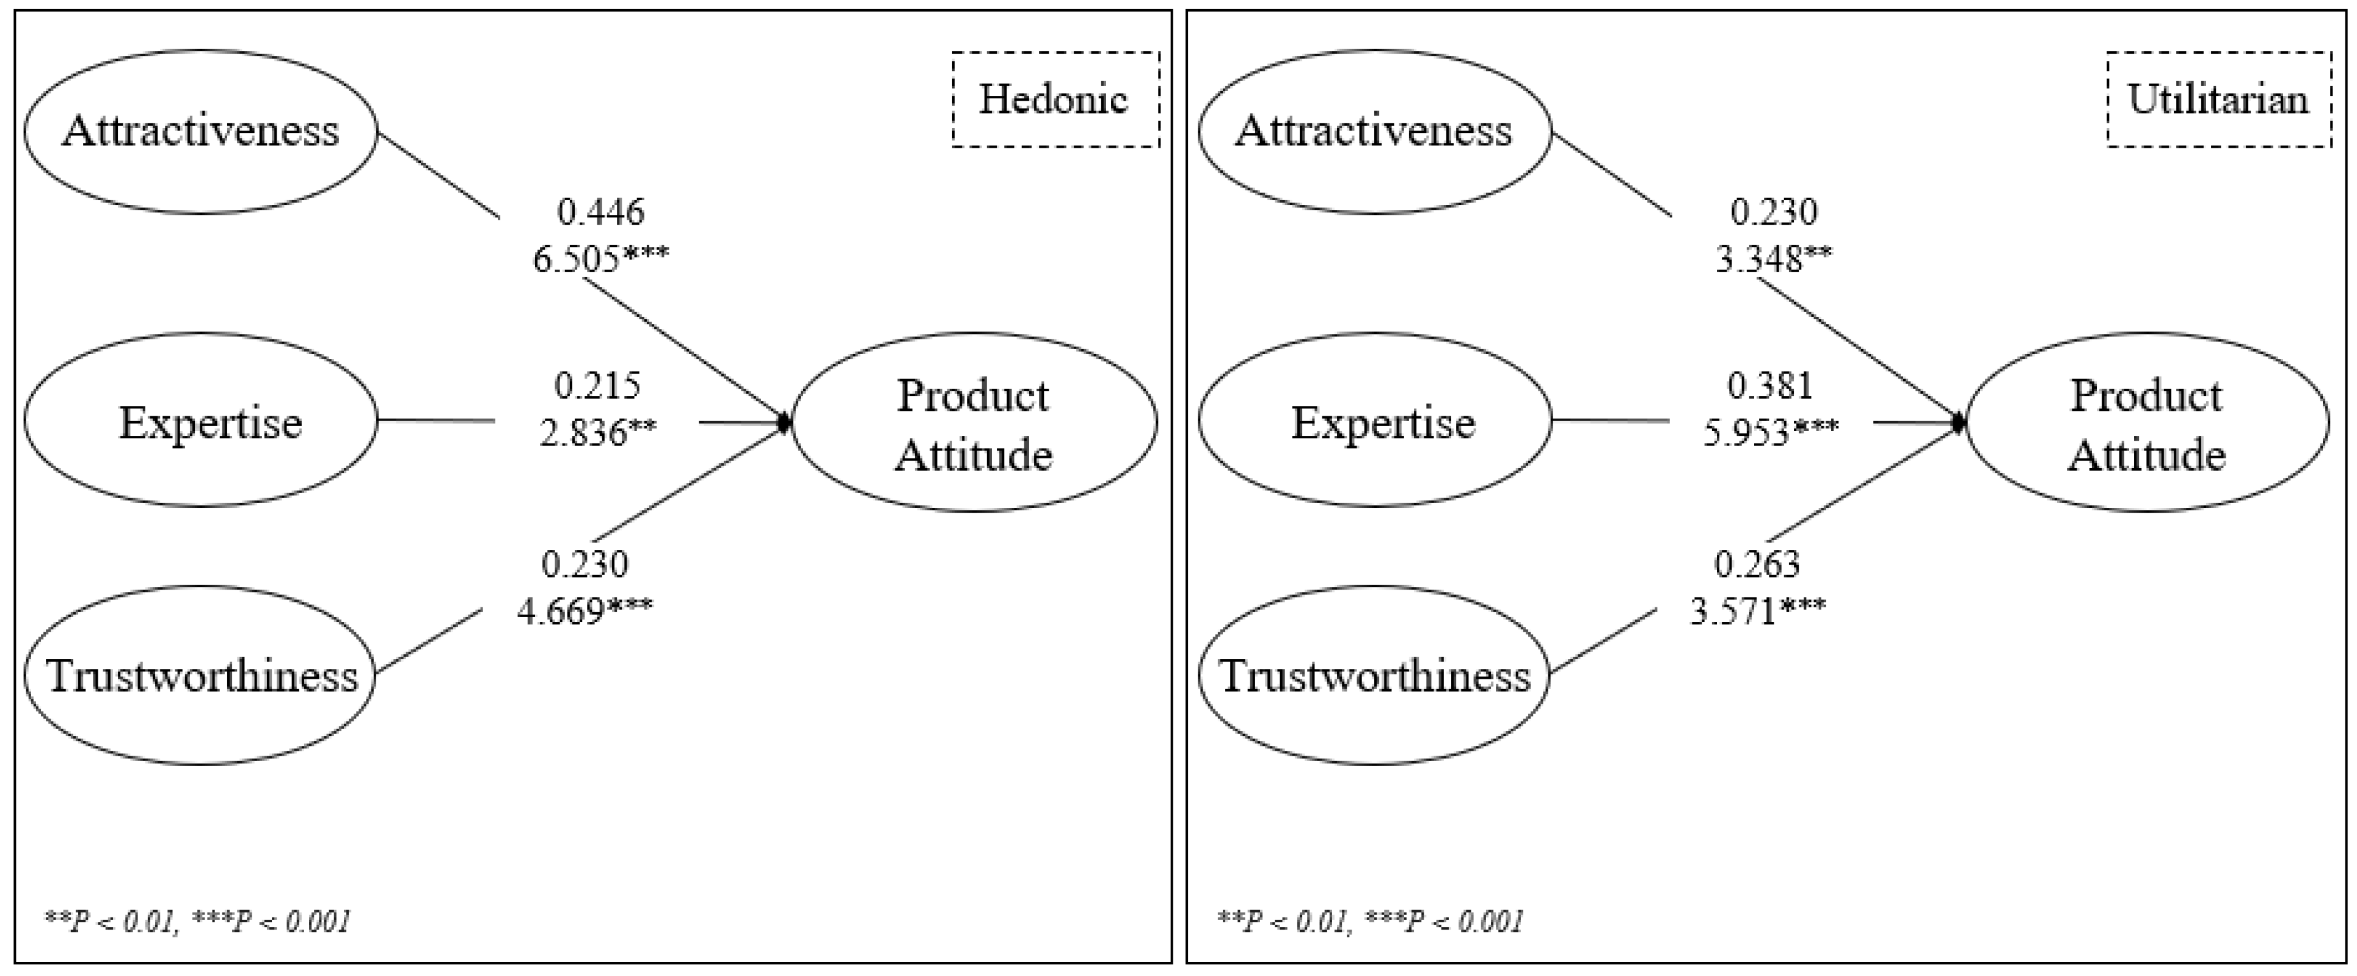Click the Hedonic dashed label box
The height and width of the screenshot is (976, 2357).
tap(1055, 99)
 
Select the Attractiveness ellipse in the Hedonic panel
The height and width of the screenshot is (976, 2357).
tap(200, 131)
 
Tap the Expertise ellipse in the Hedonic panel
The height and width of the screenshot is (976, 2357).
tap(200, 421)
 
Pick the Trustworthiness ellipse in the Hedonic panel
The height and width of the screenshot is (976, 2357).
tap(200, 675)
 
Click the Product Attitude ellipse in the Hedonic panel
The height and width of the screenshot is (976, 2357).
tap(974, 422)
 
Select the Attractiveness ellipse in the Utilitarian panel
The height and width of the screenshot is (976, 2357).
tap(1374, 131)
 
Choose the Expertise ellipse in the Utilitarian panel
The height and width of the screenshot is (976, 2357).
tap(1374, 421)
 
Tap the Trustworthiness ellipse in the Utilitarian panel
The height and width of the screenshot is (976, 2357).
tap(1374, 675)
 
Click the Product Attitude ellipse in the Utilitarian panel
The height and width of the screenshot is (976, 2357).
tap(2146, 422)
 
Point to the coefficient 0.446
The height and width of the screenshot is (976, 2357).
tap(600, 212)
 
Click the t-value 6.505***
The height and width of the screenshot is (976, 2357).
tap(600, 259)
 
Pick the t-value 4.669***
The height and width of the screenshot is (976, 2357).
tap(585, 610)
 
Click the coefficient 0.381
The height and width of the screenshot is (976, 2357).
tap(1771, 386)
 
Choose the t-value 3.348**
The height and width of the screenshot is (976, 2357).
tap(1773, 259)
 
